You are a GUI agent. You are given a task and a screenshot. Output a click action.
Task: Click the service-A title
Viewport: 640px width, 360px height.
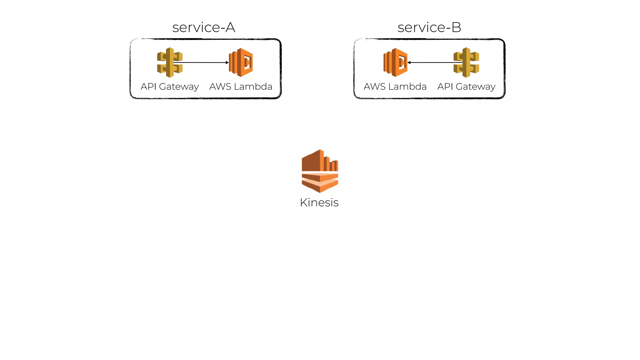click(203, 27)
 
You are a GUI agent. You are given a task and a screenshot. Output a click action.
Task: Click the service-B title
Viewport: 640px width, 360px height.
click(429, 27)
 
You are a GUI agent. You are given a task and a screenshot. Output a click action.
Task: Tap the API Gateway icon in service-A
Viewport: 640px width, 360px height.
click(170, 62)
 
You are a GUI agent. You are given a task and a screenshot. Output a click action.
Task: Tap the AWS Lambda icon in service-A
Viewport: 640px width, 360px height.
click(241, 62)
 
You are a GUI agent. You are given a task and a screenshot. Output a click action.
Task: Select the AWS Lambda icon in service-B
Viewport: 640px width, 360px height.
click(395, 62)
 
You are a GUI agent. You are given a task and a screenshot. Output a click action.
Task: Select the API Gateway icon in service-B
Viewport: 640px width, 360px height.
click(466, 62)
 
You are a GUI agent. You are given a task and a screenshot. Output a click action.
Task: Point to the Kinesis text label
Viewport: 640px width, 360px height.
click(319, 202)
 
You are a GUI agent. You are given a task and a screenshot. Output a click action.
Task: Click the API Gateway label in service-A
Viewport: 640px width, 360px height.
click(170, 87)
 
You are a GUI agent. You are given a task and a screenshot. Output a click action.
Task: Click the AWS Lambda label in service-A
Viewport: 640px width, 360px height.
click(241, 87)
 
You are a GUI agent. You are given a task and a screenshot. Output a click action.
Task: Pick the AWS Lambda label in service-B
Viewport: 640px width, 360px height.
click(395, 87)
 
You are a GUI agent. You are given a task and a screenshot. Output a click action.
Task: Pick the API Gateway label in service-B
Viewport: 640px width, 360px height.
click(466, 87)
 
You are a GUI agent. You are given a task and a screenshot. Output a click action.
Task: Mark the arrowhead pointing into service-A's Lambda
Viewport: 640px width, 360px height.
click(227, 62)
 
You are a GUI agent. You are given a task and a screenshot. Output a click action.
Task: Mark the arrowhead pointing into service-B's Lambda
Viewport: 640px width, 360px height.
click(409, 62)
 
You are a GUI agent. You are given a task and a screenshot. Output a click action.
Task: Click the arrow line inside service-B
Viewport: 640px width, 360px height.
click(434, 62)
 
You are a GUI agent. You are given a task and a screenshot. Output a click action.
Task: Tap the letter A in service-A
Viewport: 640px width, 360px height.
click(230, 27)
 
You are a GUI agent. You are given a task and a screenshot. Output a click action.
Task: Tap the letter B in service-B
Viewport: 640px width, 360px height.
click(456, 27)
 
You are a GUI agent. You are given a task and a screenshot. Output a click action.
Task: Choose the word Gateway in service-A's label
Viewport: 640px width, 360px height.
click(179, 87)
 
